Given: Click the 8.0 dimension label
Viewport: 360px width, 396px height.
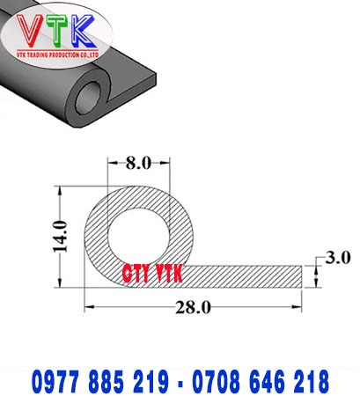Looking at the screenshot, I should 139,163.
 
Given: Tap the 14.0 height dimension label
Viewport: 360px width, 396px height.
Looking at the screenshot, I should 59,236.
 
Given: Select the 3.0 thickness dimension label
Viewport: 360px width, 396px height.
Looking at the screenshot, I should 338,258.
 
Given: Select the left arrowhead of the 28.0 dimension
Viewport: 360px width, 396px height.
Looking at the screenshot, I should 88,306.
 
